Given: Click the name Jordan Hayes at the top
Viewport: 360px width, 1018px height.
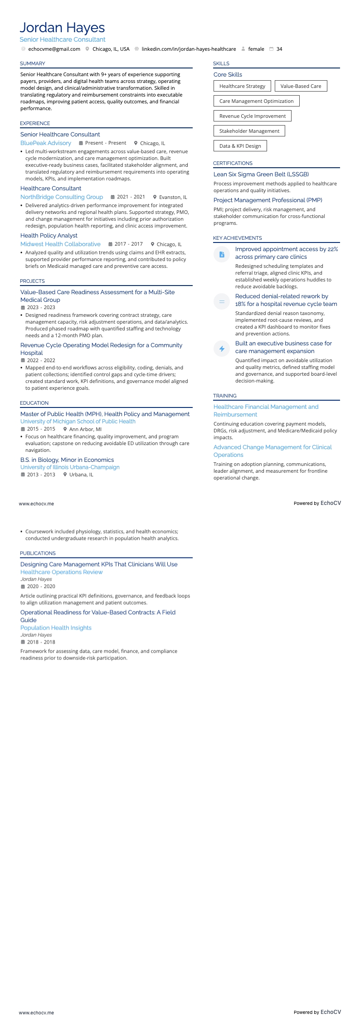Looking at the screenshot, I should click(62, 28).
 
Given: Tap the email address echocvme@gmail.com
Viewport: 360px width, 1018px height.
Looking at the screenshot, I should click(54, 49).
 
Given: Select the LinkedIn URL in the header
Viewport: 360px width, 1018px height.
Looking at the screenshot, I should click(189, 49).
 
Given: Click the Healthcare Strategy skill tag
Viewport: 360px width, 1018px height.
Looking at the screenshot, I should click(242, 86).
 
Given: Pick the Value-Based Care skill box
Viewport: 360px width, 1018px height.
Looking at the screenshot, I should click(301, 86).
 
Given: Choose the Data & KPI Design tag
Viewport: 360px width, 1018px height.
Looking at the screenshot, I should click(240, 146).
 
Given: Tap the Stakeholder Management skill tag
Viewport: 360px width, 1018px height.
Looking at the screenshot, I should click(249, 131).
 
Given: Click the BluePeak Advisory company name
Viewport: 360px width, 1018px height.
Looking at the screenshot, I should click(46, 143).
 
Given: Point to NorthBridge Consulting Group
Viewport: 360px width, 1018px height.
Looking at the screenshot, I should click(62, 197).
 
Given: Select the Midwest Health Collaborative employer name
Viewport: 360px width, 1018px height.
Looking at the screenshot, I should click(60, 244).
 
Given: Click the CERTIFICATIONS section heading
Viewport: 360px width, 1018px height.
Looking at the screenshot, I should click(233, 163).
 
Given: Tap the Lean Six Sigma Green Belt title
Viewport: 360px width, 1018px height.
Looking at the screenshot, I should click(261, 174).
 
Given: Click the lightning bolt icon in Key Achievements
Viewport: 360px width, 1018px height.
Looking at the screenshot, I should click(222, 349).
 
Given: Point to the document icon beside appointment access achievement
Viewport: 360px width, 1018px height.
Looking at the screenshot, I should click(222, 254).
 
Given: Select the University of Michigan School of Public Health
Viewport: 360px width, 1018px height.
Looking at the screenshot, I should click(78, 422).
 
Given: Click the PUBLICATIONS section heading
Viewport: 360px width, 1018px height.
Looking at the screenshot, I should click(38, 553).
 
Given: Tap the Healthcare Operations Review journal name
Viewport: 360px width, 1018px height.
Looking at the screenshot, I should click(62, 572).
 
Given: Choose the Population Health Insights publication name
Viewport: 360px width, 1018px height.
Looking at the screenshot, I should click(56, 628).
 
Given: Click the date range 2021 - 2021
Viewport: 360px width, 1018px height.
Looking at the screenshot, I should click(131, 197).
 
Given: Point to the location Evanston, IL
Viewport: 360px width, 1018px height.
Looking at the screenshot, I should click(173, 197).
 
